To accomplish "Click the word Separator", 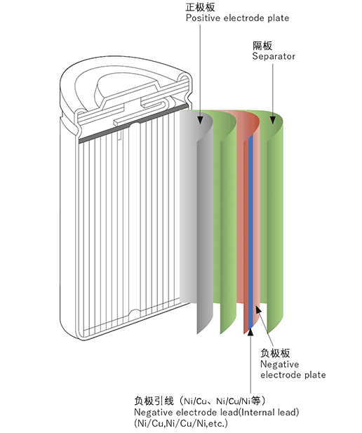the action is coord(274,56).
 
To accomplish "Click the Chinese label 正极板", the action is coord(200,7).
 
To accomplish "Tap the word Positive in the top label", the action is coord(203,18).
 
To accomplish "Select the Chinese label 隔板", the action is coord(262,46).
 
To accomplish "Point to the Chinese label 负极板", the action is coord(275,353).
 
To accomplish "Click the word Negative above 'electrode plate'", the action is coord(279,364).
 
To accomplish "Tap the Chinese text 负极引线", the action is coord(154,401).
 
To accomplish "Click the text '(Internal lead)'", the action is coord(269,412).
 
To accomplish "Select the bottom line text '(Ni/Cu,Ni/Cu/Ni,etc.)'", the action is coord(181,423).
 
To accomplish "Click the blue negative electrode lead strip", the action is coord(250,232).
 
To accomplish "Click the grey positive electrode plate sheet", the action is coord(196,210).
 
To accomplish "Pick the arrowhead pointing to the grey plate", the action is coord(201,120).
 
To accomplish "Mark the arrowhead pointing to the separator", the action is coord(272,120).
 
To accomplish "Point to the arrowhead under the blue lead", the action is coord(250,331).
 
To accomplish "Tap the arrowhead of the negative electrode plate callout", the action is coord(258,309).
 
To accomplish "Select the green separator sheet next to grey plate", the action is coord(227,221).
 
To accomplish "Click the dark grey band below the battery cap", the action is coord(133,124).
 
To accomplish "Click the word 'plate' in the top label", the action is coord(278,18).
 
